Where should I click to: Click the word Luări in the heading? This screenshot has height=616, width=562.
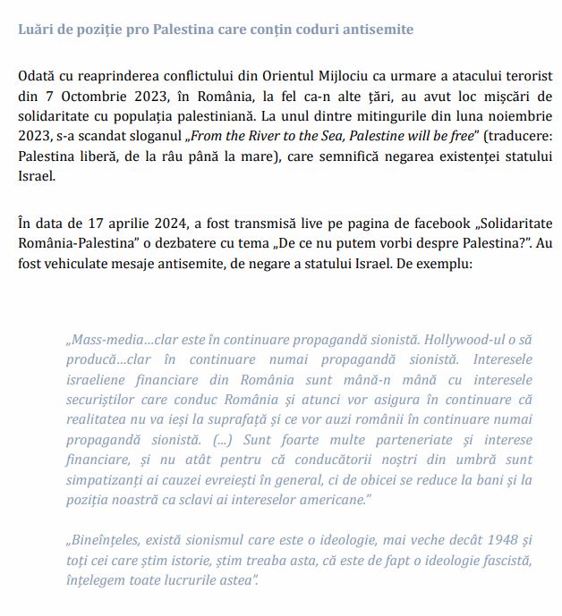36,30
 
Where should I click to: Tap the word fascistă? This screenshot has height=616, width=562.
501,561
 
